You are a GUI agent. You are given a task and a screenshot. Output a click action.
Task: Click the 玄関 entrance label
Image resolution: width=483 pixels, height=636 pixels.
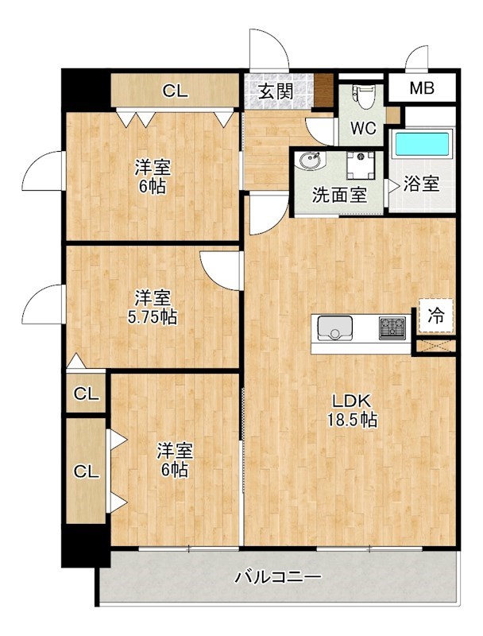point(275,91)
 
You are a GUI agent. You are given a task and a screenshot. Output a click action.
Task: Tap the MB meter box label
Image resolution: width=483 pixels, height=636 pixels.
point(422,87)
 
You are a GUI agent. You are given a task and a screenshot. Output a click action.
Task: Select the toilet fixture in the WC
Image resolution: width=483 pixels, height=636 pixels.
point(364,96)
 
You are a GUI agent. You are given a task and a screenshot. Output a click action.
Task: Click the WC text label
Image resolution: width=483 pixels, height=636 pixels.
point(364,128)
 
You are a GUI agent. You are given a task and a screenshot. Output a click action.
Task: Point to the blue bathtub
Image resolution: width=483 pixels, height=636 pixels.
point(422,145)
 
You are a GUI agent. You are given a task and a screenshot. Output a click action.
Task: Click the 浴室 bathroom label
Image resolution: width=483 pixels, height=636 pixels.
point(422,184)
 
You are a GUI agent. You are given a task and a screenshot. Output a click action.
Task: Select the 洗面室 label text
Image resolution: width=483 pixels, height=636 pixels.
point(339,195)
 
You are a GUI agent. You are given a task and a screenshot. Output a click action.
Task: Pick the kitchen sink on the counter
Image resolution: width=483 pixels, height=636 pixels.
point(334,327)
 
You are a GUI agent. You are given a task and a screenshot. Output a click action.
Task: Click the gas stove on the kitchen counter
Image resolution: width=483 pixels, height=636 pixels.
point(392,327)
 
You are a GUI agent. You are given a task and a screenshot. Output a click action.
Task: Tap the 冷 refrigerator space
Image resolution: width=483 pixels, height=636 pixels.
point(437,315)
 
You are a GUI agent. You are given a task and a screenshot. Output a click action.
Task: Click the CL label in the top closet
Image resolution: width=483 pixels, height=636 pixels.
point(176,91)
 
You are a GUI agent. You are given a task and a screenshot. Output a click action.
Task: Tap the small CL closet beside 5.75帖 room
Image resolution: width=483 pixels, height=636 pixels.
point(86,394)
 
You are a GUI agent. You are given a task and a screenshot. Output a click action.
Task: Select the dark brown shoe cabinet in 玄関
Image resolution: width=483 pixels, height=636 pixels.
point(324,88)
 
